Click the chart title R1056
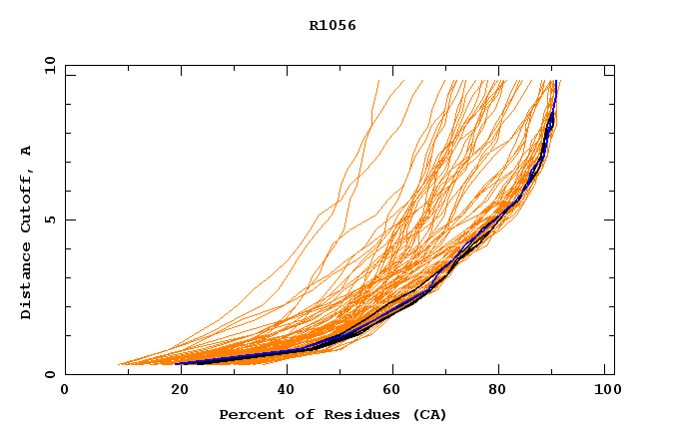[x=333, y=26]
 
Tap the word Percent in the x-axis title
[x=247, y=414]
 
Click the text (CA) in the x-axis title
[x=427, y=414]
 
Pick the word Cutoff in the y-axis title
[x=26, y=206]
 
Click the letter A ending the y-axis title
[x=26, y=151]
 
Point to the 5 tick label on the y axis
[x=50, y=219]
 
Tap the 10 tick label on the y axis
[x=48, y=66]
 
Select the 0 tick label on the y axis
[x=50, y=374]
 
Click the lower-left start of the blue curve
[x=179, y=363]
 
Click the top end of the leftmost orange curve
[x=379, y=81]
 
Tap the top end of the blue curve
[x=556, y=82]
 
